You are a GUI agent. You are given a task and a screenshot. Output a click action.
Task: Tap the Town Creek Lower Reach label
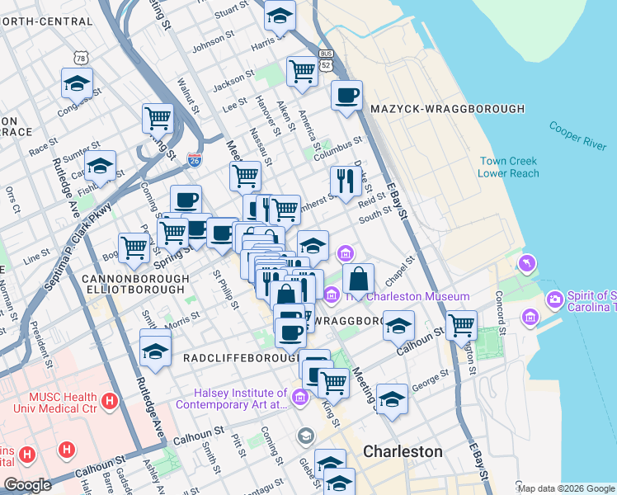[x=508, y=167]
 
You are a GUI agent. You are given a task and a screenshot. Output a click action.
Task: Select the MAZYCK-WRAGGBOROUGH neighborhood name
[x=448, y=109]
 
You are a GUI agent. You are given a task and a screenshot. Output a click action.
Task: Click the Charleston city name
[x=403, y=452]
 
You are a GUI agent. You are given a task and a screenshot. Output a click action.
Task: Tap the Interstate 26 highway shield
[x=195, y=158]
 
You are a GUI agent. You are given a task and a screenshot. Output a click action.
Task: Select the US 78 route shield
[x=80, y=58]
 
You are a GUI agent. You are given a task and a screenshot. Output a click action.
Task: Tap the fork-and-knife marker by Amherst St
[x=343, y=181]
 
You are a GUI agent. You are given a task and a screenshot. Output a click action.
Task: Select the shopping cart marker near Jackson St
[x=303, y=72]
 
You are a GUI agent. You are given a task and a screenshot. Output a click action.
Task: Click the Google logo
[x=27, y=485]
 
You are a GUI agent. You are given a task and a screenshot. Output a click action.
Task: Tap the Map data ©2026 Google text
[x=565, y=488]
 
